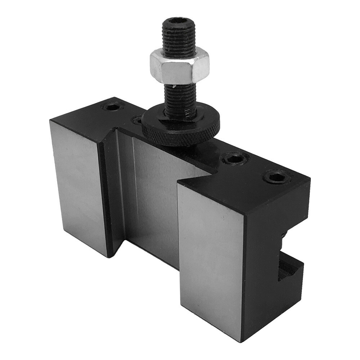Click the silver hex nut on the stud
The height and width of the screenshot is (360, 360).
pos(180,67)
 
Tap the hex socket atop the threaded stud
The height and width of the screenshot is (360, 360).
pos(179,22)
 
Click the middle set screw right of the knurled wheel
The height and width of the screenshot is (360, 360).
pos(234,158)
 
